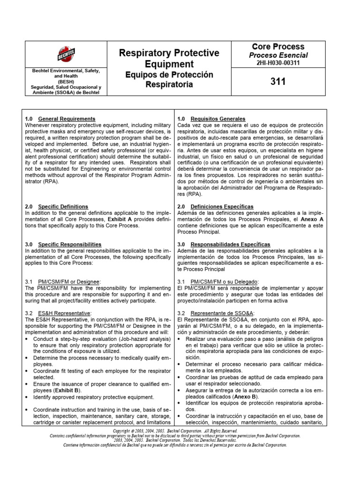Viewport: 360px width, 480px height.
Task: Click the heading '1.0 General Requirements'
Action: (60, 119)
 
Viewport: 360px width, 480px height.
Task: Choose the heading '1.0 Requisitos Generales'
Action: (211, 119)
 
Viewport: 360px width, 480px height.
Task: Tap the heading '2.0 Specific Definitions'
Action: (56, 206)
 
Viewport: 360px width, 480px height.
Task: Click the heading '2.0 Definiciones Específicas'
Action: (216, 206)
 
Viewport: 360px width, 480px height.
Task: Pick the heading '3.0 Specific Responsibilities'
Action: (63, 244)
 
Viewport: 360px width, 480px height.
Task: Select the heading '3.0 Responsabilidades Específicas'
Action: (224, 244)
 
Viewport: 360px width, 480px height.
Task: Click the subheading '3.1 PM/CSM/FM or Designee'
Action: (62, 281)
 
